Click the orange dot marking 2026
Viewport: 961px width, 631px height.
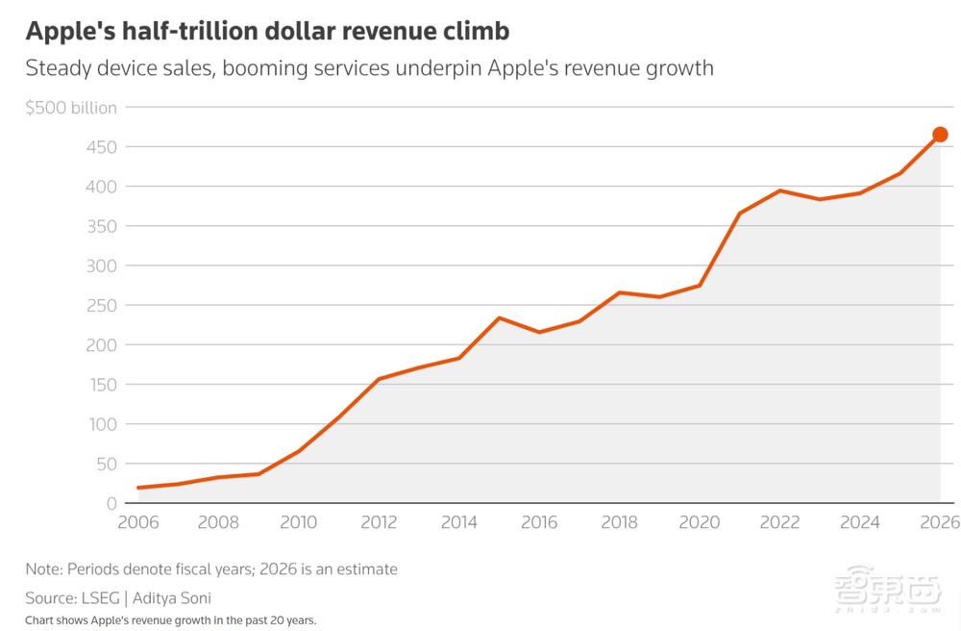(940, 135)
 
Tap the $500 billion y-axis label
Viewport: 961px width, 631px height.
(71, 108)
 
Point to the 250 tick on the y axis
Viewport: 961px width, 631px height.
(101, 305)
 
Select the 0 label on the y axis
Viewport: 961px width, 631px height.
(111, 503)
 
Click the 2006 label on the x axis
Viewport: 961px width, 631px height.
(137, 522)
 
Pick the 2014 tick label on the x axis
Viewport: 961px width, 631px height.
(459, 522)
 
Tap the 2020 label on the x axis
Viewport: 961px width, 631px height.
(700, 522)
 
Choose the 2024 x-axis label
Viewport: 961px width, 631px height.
(860, 522)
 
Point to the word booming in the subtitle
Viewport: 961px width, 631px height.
(265, 68)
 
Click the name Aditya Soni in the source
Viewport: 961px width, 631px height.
(172, 598)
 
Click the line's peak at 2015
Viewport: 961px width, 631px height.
(500, 317)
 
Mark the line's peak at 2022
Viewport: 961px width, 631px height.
(779, 190)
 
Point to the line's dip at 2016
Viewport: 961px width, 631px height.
(539, 332)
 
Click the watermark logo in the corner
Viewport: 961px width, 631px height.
(888, 589)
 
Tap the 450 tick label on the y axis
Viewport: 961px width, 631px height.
(101, 147)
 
